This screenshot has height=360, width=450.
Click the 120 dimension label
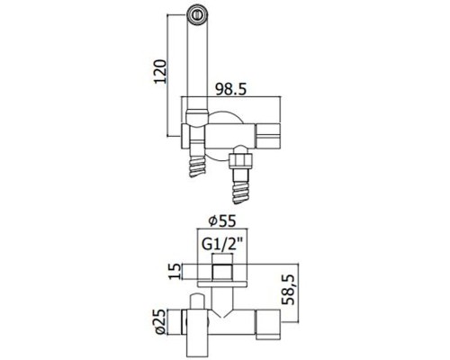(160, 71)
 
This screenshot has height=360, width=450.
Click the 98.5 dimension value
(231, 89)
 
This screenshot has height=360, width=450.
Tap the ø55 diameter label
(222, 221)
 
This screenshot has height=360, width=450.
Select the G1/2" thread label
(222, 245)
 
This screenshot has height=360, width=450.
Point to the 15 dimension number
(175, 271)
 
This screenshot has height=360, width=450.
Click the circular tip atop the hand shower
(197, 14)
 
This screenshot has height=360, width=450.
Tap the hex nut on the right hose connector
(240, 159)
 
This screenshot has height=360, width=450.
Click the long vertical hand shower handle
(197, 64)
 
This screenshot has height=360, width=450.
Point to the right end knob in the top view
(267, 136)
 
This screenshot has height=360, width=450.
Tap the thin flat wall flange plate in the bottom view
(222, 283)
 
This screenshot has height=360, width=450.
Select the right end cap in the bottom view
(267, 325)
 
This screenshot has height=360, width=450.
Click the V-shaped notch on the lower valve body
(222, 314)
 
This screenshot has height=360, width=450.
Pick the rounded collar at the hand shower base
(197, 117)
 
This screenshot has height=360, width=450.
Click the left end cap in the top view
(184, 136)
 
